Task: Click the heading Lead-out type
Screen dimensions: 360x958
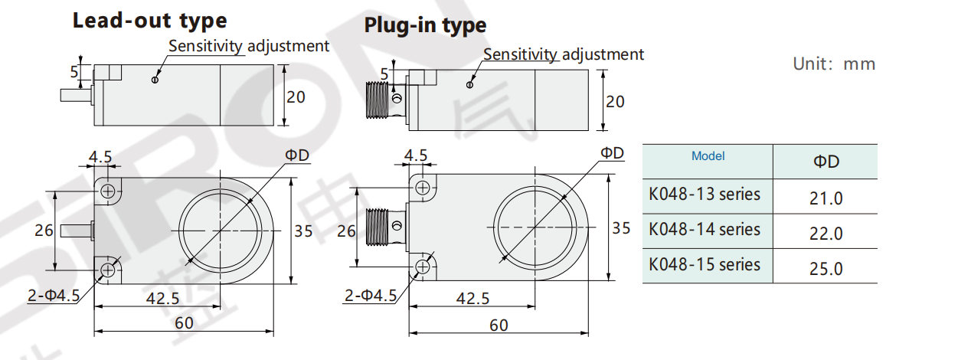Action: [149, 21]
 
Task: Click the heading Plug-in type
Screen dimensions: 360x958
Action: [425, 25]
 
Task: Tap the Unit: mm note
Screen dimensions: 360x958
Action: [833, 64]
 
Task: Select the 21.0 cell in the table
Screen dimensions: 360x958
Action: [826, 198]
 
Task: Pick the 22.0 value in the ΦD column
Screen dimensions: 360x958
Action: [826, 234]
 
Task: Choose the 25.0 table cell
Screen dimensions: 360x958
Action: [826, 269]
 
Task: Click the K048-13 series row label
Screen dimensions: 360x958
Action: [705, 195]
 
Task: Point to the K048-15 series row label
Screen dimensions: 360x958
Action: [705, 265]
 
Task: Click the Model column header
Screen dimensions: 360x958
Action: [708, 156]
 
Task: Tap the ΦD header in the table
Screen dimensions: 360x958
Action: [826, 162]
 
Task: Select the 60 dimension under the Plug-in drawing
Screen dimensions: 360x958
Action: [499, 326]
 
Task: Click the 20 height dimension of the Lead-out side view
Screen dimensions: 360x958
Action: [296, 97]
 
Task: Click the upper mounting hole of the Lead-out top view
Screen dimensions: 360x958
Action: [108, 190]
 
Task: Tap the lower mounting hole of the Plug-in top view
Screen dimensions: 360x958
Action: [422, 266]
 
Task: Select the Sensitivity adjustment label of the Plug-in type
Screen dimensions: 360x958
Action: [564, 54]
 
